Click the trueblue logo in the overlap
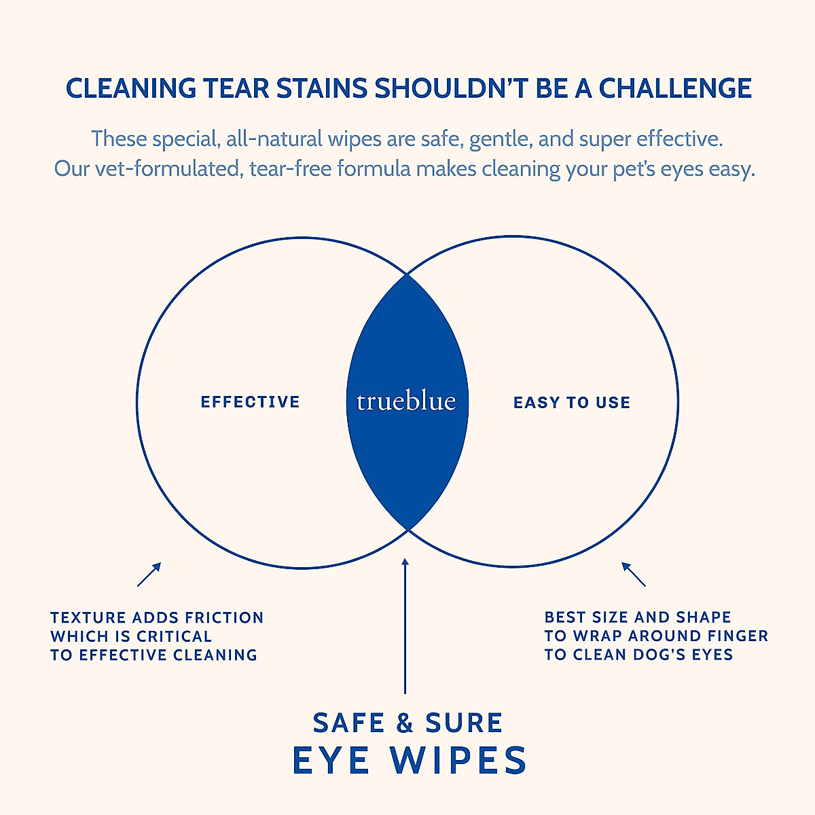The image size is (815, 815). point(406,401)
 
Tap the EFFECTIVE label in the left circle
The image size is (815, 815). point(250,402)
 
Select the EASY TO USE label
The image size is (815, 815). point(572,403)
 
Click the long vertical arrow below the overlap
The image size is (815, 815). point(405,625)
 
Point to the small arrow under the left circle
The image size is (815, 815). point(149,574)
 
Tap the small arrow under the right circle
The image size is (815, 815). point(634,574)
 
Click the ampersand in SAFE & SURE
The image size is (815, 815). point(405,723)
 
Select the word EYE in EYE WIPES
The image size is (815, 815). point(331,761)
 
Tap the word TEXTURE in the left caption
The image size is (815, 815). point(88,618)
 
